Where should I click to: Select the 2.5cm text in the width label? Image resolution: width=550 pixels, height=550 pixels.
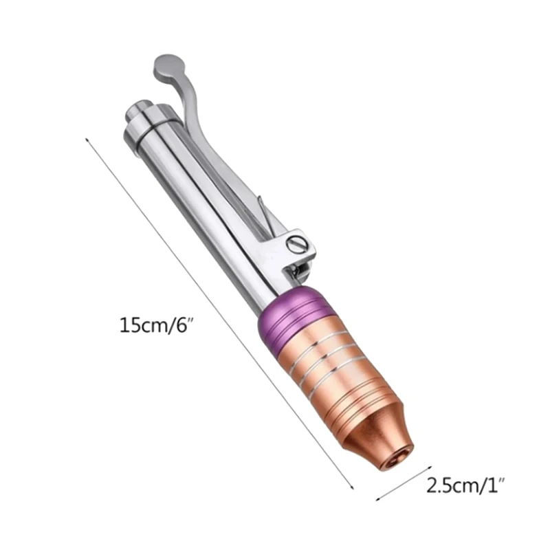click(x=448, y=486)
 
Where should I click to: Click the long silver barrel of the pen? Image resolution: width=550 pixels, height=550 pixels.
click(x=199, y=206)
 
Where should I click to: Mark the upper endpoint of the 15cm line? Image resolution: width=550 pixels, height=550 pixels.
click(x=86, y=138)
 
